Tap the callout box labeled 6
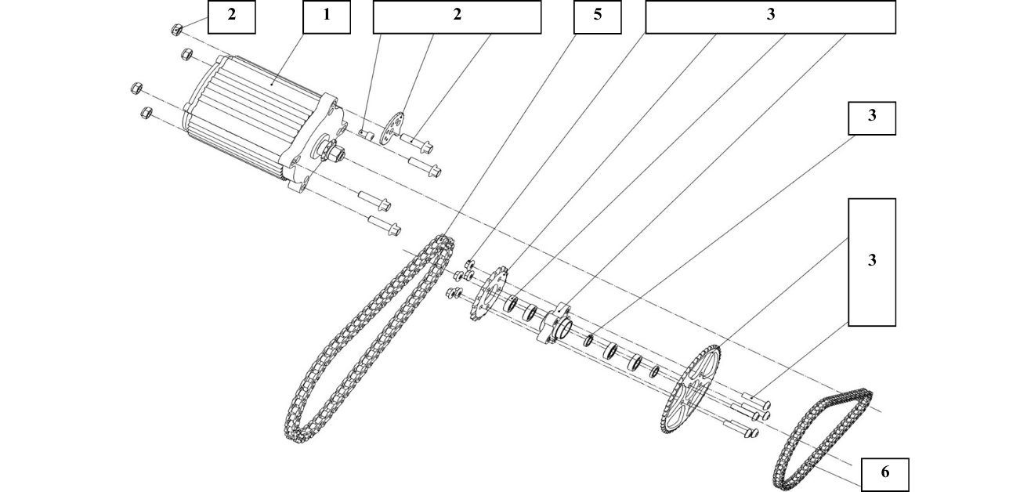(x=885, y=474)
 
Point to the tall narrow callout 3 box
(x=872, y=262)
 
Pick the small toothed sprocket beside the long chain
(x=489, y=293)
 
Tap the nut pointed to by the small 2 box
(x=176, y=29)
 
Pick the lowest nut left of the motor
(x=144, y=114)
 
